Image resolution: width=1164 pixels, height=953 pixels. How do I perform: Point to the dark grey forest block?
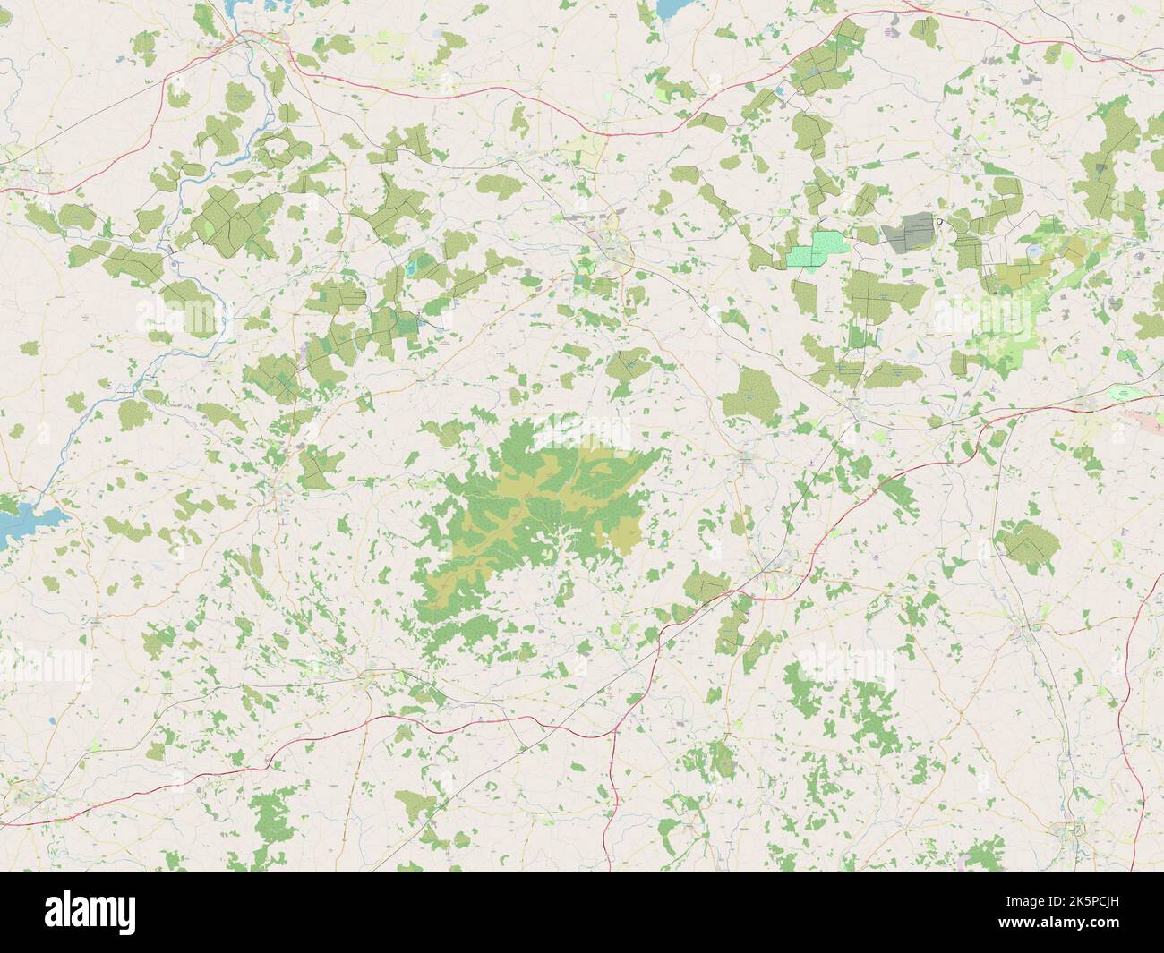[909, 232]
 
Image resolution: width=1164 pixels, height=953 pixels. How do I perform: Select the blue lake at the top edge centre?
[666, 8]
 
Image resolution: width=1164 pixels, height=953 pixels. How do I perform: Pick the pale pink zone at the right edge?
[1150, 421]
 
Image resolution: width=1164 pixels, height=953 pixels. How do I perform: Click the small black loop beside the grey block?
[940, 219]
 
